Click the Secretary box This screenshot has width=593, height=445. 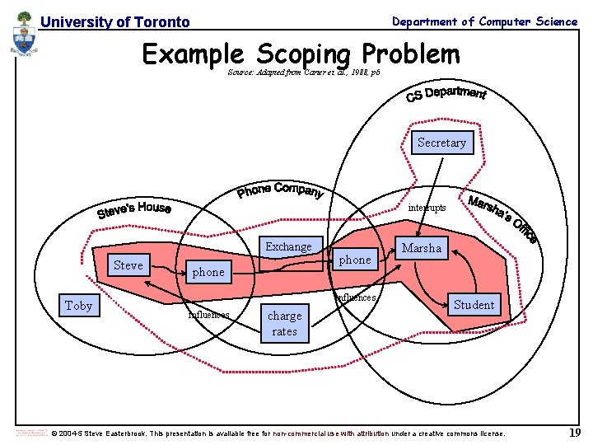[441, 143]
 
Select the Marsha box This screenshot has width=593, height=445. [422, 248]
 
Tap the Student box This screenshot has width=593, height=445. [474, 305]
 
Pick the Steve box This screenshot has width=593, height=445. [128, 265]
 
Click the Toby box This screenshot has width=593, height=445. [78, 306]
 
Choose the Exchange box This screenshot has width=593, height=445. [288, 246]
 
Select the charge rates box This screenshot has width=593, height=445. [284, 323]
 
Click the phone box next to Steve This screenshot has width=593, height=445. [208, 272]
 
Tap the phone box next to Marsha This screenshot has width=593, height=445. [355, 260]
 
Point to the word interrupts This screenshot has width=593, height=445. [427, 208]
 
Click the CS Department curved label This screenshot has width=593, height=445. [446, 95]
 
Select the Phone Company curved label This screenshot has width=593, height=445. [280, 190]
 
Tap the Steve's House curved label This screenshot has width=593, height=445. [134, 211]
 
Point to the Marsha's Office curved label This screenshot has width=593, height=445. [502, 219]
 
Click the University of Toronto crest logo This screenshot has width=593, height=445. [25, 36]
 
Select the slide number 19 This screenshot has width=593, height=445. [575, 433]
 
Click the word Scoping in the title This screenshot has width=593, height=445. [304, 54]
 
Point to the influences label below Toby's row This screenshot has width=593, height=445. [209, 314]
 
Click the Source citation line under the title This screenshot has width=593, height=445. [303, 73]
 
